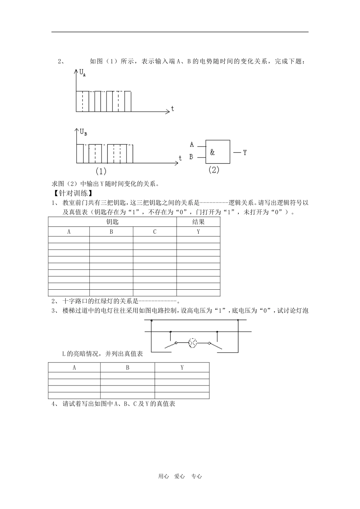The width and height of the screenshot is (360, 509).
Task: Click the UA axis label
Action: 82,73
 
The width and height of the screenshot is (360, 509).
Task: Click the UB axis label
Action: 83,132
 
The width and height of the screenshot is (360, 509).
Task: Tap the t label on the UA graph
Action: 173,109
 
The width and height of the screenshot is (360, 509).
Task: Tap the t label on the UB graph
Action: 180,158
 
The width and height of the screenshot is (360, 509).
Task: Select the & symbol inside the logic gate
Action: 212,152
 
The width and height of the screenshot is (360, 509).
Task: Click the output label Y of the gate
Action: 245,153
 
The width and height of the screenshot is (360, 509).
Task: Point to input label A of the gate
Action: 192,144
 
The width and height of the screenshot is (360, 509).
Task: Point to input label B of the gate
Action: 191,156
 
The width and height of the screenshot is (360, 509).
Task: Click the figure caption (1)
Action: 101,171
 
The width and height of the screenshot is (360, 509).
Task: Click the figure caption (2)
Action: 214,170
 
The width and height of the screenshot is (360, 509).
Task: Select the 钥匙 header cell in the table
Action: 112,222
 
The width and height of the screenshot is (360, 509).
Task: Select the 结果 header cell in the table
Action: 198,222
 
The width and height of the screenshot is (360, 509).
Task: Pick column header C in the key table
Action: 155,232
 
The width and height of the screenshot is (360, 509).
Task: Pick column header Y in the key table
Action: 198,232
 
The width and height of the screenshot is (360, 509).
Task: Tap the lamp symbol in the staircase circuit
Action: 193,343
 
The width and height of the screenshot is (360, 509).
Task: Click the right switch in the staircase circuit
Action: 216,345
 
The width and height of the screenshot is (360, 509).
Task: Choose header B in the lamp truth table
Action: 127,367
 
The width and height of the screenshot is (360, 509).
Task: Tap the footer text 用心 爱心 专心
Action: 180,476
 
